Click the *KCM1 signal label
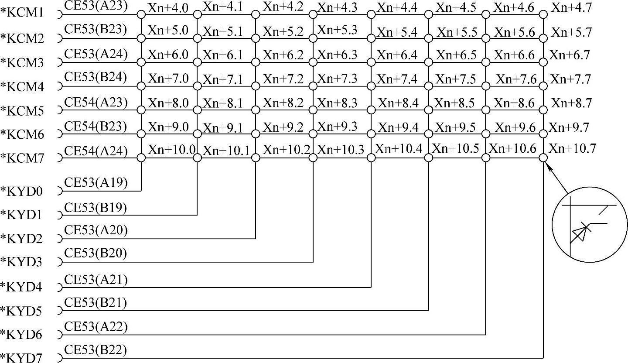tap(22, 13)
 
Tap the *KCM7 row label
tap(22, 158)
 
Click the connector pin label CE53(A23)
tap(96, 6)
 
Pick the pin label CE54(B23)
tap(96, 127)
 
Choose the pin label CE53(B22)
tap(96, 350)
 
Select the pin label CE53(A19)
tap(96, 182)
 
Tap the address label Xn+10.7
tap(572, 148)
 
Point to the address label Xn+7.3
tap(338, 79)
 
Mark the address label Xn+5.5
tap(457, 32)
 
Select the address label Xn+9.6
tap(515, 127)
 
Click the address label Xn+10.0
tap(171, 149)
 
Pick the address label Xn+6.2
tap(283, 55)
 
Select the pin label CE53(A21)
tap(96, 279)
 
